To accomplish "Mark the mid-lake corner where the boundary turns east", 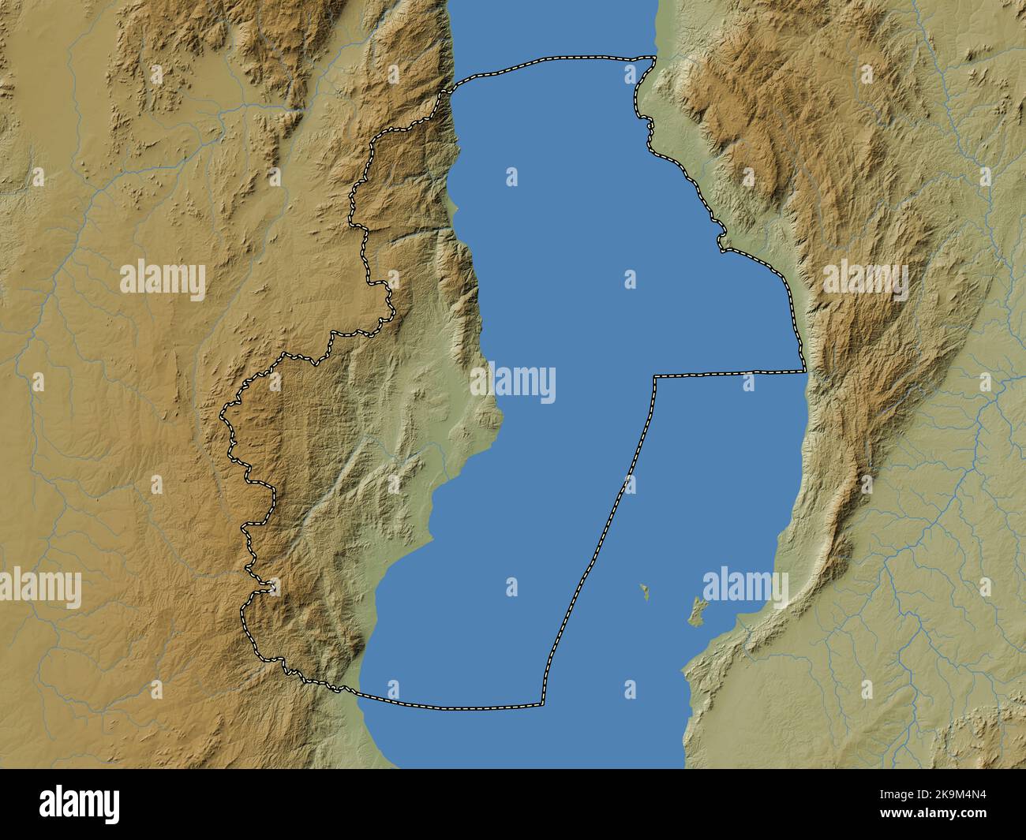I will tap(654, 377).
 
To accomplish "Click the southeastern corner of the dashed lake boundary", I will tap(542, 704).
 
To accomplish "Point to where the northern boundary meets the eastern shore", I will tap(655, 57).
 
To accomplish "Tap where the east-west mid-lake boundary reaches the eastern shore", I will tap(804, 371).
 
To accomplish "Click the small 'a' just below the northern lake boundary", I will tap(630, 75).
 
